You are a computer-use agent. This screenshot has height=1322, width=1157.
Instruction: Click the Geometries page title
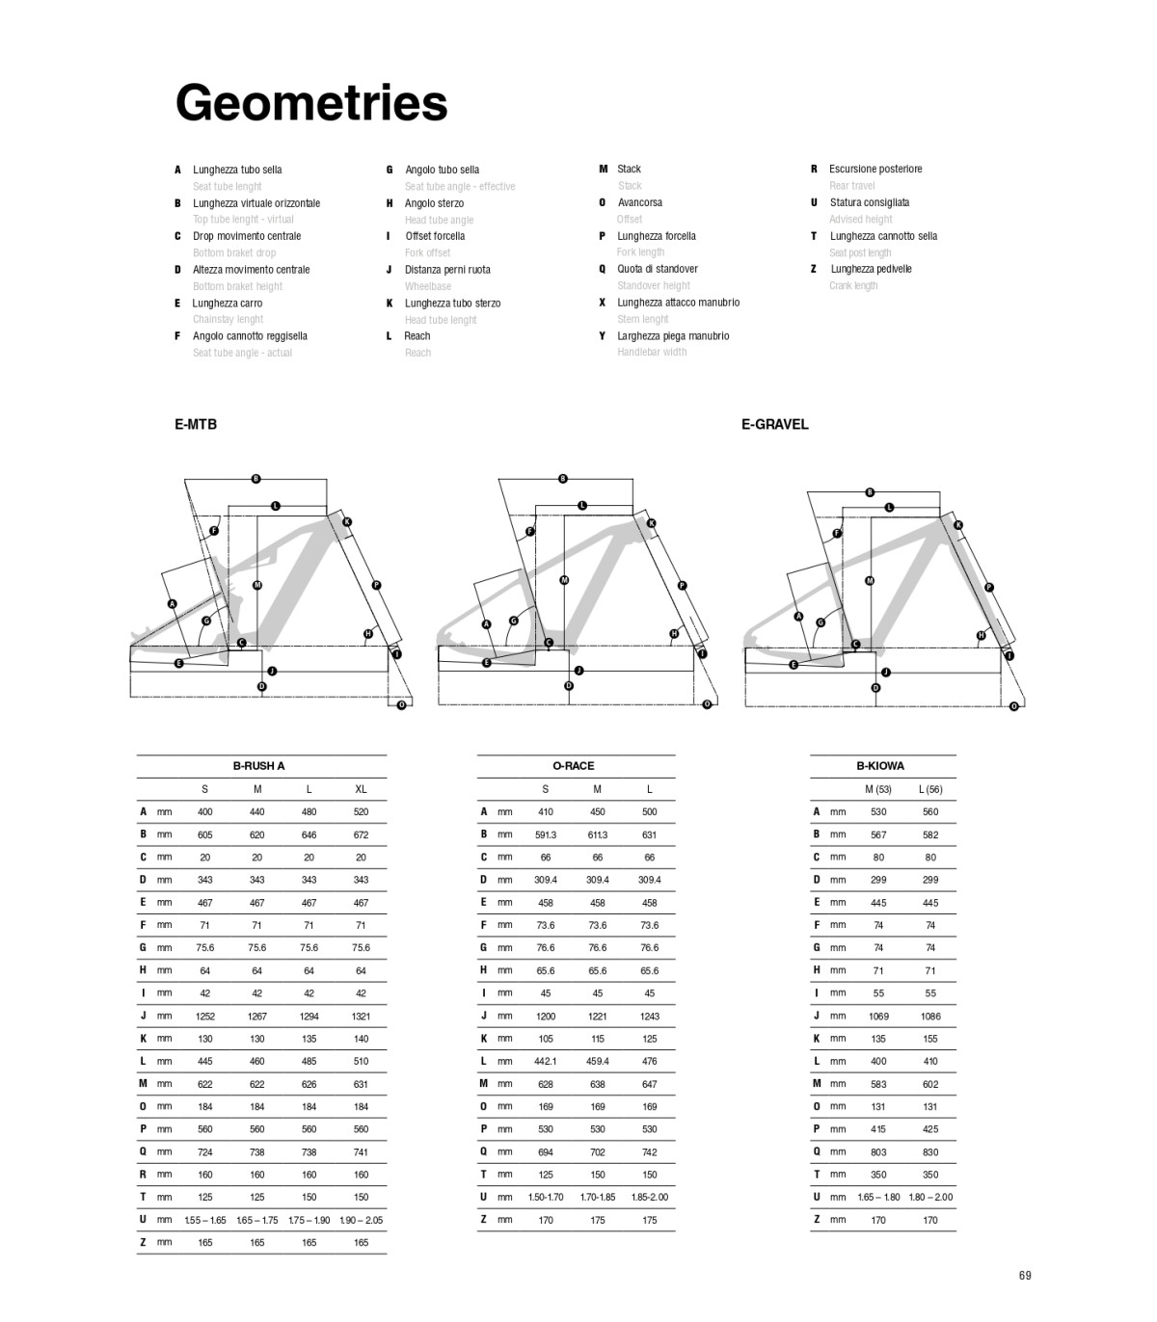[x=311, y=102]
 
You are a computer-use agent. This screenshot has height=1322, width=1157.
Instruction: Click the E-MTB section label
[x=196, y=424]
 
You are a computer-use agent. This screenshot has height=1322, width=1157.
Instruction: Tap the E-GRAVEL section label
[x=774, y=424]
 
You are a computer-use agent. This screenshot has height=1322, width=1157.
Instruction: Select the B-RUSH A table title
[x=258, y=766]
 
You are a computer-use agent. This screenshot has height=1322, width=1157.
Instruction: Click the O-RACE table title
[x=573, y=766]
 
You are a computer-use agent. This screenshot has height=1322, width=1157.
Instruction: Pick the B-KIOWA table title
[x=880, y=766]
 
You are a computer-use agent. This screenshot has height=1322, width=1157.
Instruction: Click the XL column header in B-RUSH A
[x=361, y=789]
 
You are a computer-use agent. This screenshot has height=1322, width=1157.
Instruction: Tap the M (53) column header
[x=877, y=789]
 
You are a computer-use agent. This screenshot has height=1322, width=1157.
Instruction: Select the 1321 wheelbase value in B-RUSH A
[x=361, y=1016]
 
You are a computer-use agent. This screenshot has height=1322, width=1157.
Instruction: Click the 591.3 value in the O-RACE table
[x=546, y=834]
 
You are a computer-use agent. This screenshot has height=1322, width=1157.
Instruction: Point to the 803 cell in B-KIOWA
[x=878, y=1151]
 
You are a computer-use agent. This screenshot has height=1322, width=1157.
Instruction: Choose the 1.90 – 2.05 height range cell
[x=361, y=1220]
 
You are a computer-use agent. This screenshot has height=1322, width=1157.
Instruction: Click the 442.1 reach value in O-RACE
[x=546, y=1061]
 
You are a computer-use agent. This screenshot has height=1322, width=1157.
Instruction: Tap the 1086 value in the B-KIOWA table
[x=930, y=1016]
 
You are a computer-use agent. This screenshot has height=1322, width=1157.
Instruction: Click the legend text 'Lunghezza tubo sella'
[x=237, y=170]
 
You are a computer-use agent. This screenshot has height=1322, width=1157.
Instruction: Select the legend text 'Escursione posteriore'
[x=875, y=169]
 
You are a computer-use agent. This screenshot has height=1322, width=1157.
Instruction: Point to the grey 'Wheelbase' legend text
[x=428, y=286]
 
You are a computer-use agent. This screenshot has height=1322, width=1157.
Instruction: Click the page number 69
[x=1024, y=1276]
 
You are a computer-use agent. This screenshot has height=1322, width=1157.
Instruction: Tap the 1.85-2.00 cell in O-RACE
[x=649, y=1197]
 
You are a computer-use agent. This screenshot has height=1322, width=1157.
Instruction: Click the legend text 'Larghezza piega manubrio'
[x=673, y=336]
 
